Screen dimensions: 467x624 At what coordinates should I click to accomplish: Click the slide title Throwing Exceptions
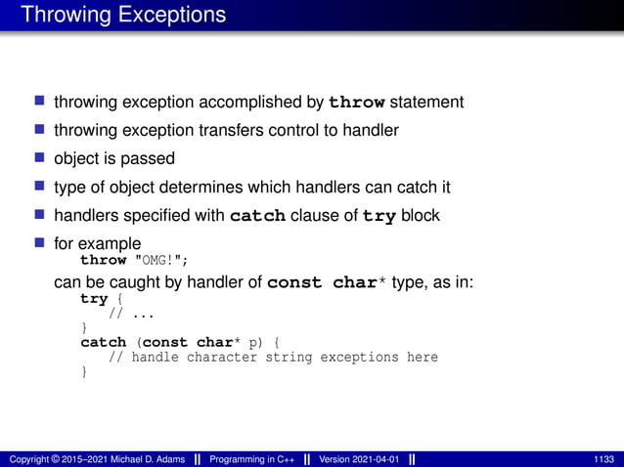pos(123,15)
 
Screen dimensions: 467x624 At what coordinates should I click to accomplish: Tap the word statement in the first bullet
pos(425,103)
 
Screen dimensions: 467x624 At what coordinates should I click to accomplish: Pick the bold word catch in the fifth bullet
pos(256,215)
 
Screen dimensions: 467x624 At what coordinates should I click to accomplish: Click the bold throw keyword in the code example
pos(103,260)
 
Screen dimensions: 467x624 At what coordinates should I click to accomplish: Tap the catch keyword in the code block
pos(103,343)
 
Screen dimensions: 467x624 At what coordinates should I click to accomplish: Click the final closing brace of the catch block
pos(84,371)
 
